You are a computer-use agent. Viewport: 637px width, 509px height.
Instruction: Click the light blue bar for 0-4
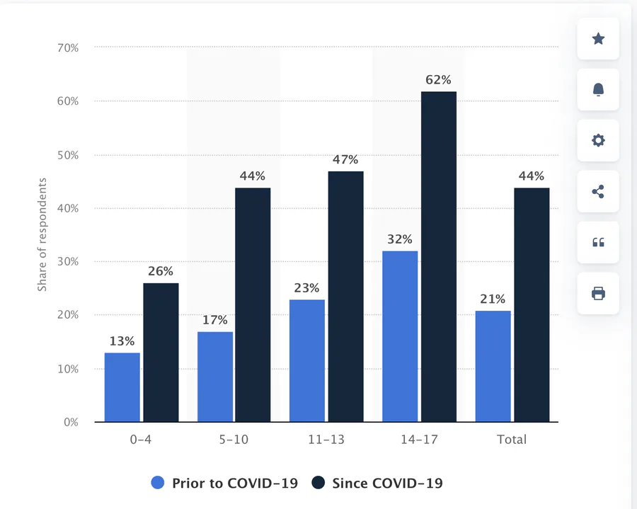pyautogui.click(x=122, y=387)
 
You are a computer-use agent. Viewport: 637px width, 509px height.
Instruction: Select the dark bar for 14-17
pyautogui.click(x=439, y=257)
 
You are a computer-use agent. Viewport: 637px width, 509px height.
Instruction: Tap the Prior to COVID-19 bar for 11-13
pyautogui.click(x=307, y=360)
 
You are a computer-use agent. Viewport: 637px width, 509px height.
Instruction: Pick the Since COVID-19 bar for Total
pyautogui.click(x=532, y=304)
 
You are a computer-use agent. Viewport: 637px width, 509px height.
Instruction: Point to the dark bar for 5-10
pyautogui.click(x=253, y=304)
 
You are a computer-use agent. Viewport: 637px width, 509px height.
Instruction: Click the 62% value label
pyautogui.click(x=439, y=80)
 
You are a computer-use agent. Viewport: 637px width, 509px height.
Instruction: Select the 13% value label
pyautogui.click(x=122, y=341)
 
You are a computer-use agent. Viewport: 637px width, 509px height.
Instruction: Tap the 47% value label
pyautogui.click(x=346, y=160)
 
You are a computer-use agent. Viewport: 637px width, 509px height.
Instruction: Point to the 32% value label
pyautogui.click(x=400, y=239)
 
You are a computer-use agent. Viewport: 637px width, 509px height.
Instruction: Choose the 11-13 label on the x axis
pyautogui.click(x=327, y=440)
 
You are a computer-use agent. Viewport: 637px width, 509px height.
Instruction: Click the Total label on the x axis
pyautogui.click(x=512, y=440)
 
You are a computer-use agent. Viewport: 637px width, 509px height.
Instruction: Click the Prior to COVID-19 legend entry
pyautogui.click(x=224, y=484)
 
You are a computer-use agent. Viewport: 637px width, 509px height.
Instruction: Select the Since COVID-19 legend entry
pyautogui.click(x=378, y=484)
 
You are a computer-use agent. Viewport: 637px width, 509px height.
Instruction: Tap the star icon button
pyautogui.click(x=598, y=39)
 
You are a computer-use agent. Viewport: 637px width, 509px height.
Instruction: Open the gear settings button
pyautogui.click(x=598, y=140)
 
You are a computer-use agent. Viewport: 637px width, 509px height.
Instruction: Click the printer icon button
pyautogui.click(x=598, y=293)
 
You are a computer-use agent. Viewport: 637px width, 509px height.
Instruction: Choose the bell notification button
pyautogui.click(x=598, y=89)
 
